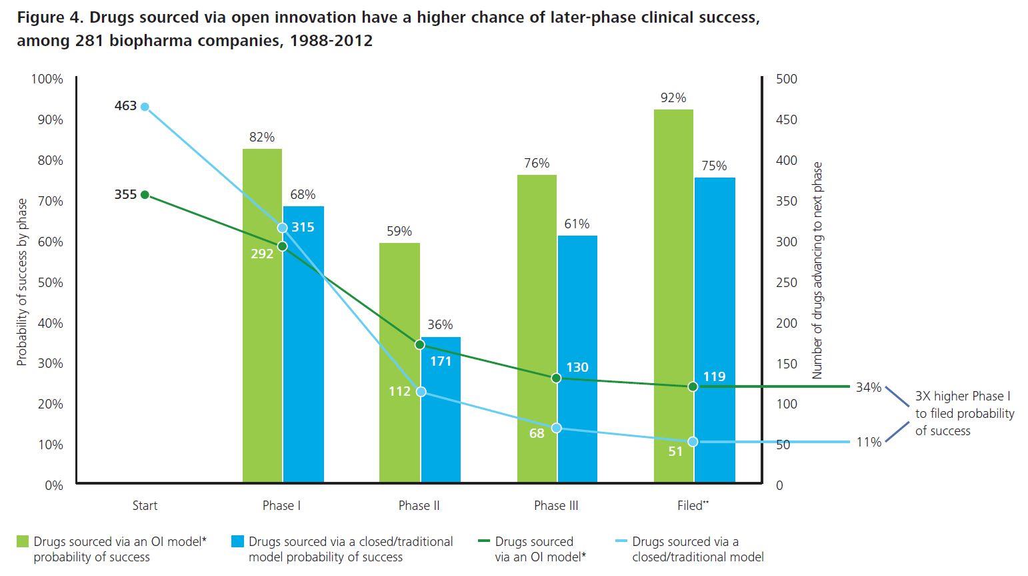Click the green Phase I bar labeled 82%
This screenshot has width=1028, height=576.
click(x=262, y=314)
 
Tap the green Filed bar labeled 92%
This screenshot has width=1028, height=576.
click(x=673, y=294)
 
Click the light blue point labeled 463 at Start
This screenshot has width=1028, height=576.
click(x=145, y=107)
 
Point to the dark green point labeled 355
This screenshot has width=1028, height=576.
click(x=145, y=195)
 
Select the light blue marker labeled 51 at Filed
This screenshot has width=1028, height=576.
click(x=693, y=442)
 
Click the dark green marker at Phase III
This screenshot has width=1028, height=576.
click(x=557, y=378)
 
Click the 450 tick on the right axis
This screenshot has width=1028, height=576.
click(x=787, y=119)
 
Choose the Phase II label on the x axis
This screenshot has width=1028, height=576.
click(x=419, y=505)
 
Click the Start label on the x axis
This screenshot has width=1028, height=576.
click(x=145, y=505)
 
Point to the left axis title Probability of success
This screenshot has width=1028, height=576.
click(x=22, y=282)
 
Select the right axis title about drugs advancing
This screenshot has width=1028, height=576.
click(x=817, y=270)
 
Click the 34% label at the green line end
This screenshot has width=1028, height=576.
click(x=869, y=387)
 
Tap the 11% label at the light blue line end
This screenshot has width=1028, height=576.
click(x=869, y=442)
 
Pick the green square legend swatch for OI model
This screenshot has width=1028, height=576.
click(x=23, y=541)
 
